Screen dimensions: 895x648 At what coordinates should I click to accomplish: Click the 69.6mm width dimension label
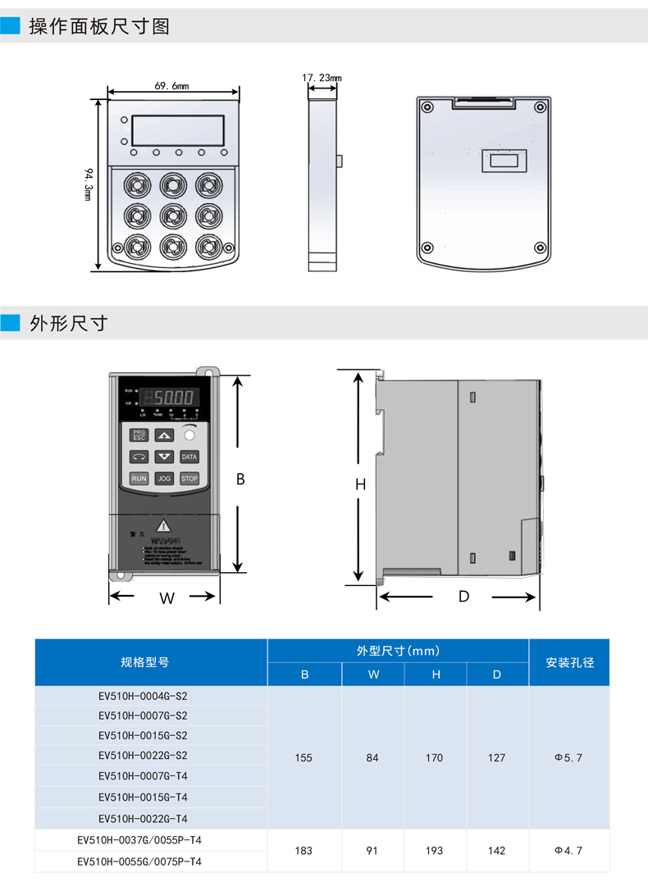point(171,85)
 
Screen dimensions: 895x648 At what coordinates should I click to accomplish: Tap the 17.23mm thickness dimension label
point(322,78)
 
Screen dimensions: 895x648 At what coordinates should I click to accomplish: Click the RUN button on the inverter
point(139,478)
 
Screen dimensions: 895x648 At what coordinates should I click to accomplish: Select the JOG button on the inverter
point(164,478)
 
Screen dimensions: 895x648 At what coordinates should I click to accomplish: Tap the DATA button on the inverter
point(189,457)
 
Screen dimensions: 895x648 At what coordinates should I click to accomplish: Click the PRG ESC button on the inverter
point(139,435)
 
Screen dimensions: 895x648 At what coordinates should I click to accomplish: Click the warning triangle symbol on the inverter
point(165,525)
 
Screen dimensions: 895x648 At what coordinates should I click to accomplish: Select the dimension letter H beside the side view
point(359,484)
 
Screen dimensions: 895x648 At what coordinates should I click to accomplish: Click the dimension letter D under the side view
point(463,597)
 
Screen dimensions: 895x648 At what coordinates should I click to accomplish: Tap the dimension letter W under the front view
point(167,598)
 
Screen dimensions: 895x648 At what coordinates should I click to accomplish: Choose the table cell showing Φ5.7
point(568,758)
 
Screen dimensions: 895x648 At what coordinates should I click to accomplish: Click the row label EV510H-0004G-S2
point(144,695)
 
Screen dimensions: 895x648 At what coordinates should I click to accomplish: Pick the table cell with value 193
point(435,851)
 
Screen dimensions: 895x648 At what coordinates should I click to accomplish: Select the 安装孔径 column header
point(568,662)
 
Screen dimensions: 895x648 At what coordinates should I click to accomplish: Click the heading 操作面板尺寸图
point(99,26)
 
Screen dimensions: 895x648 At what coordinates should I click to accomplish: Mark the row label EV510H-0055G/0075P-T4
point(139,861)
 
